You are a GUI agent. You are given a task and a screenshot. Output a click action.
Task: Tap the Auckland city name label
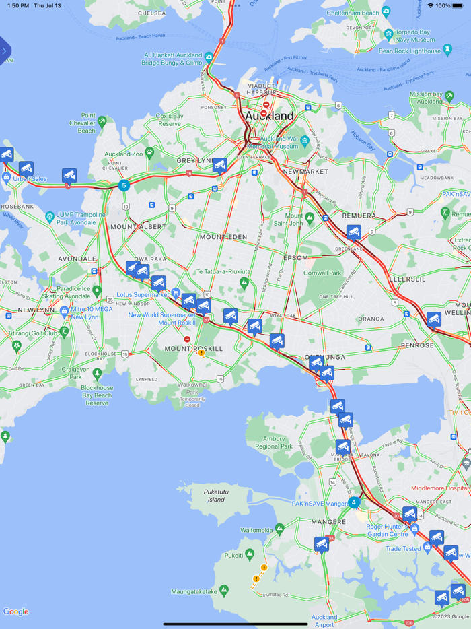[x=269, y=116]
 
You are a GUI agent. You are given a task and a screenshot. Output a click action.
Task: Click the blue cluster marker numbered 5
[x=123, y=185]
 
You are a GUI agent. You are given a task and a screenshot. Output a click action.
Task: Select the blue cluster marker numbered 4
[x=354, y=502]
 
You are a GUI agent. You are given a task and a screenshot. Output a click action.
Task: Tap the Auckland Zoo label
[x=124, y=154]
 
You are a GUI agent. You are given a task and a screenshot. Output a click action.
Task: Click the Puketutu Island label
[x=215, y=496]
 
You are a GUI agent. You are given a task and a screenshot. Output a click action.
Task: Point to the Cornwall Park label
[x=322, y=273]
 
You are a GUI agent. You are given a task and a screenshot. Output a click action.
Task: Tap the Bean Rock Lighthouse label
[x=409, y=51]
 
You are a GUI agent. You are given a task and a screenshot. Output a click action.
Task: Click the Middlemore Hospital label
[x=439, y=488]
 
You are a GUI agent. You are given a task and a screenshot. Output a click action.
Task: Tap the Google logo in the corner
[x=15, y=611]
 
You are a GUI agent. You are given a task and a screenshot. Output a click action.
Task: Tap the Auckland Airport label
[x=324, y=620]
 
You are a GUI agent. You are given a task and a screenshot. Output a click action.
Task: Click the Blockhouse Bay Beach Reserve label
[x=97, y=395]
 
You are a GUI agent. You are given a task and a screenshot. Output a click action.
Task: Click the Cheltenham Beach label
[x=353, y=13]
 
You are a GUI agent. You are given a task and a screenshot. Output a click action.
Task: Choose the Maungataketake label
[x=194, y=591]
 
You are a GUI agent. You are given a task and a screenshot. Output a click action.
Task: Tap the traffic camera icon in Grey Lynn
[x=219, y=165]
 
